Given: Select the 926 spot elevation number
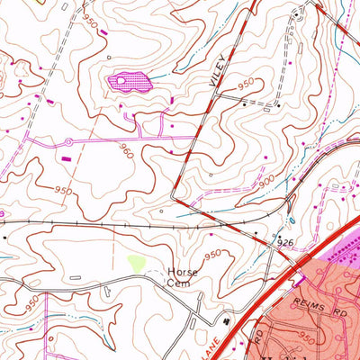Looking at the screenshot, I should click(286, 243).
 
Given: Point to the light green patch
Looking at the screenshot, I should click(136, 264).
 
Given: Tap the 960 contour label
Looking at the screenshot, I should click(128, 153).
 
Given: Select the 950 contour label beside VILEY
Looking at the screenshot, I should click(246, 84).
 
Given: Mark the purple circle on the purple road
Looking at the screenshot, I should click(68, 142).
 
